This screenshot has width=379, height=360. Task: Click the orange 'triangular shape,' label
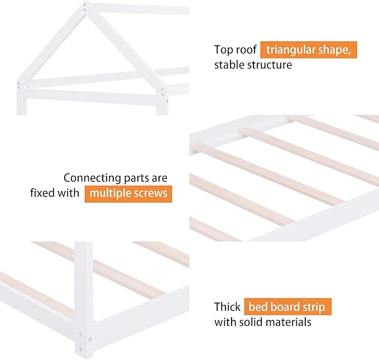tap(308, 49)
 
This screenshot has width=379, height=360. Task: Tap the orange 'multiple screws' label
tap(128, 194)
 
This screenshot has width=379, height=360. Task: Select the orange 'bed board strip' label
tap(287, 306)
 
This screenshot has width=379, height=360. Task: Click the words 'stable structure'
tap(253, 65)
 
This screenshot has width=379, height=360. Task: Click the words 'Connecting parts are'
tap(115, 178)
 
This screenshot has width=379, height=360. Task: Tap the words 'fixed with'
tap(55, 194)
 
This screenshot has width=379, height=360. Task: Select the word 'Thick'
tap(227, 307)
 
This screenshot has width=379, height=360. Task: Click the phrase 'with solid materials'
tap(262, 322)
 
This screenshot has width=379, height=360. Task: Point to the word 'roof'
tap(247, 49)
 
